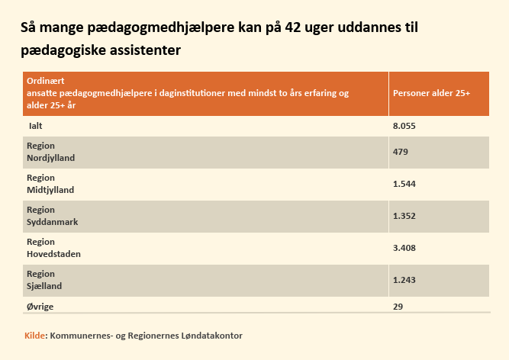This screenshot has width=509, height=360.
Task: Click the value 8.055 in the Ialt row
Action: pyautogui.click(x=404, y=126)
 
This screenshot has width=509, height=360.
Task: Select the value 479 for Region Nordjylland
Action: pyautogui.click(x=400, y=152)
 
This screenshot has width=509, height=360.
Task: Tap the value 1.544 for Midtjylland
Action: pyautogui.click(x=404, y=184)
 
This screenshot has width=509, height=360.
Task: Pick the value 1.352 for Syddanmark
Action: pyautogui.click(x=404, y=216)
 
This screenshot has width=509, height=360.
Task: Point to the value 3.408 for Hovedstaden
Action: pyautogui.click(x=404, y=248)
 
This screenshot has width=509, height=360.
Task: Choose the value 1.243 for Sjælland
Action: pyautogui.click(x=404, y=280)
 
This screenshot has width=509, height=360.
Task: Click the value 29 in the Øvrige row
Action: pyautogui.click(x=398, y=307)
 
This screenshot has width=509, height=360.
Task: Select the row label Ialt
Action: pyautogui.click(x=35, y=126)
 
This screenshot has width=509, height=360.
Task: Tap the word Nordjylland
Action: pyautogui.click(x=50, y=158)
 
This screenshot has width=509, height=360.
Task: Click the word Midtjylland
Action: pyautogui.click(x=50, y=190)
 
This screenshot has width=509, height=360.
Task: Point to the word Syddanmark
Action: pyautogui.click(x=52, y=222)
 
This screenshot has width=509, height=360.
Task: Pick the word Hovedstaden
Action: pyautogui.click(x=53, y=254)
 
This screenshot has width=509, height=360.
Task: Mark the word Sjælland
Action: pyautogui.click(x=44, y=286)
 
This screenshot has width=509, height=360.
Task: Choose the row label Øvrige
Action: pyautogui.click(x=40, y=307)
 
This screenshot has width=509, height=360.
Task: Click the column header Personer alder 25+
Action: pyautogui.click(x=431, y=93)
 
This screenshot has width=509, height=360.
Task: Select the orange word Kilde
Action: pyautogui.click(x=35, y=336)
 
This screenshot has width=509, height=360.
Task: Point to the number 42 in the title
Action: pyautogui.click(x=293, y=27)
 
